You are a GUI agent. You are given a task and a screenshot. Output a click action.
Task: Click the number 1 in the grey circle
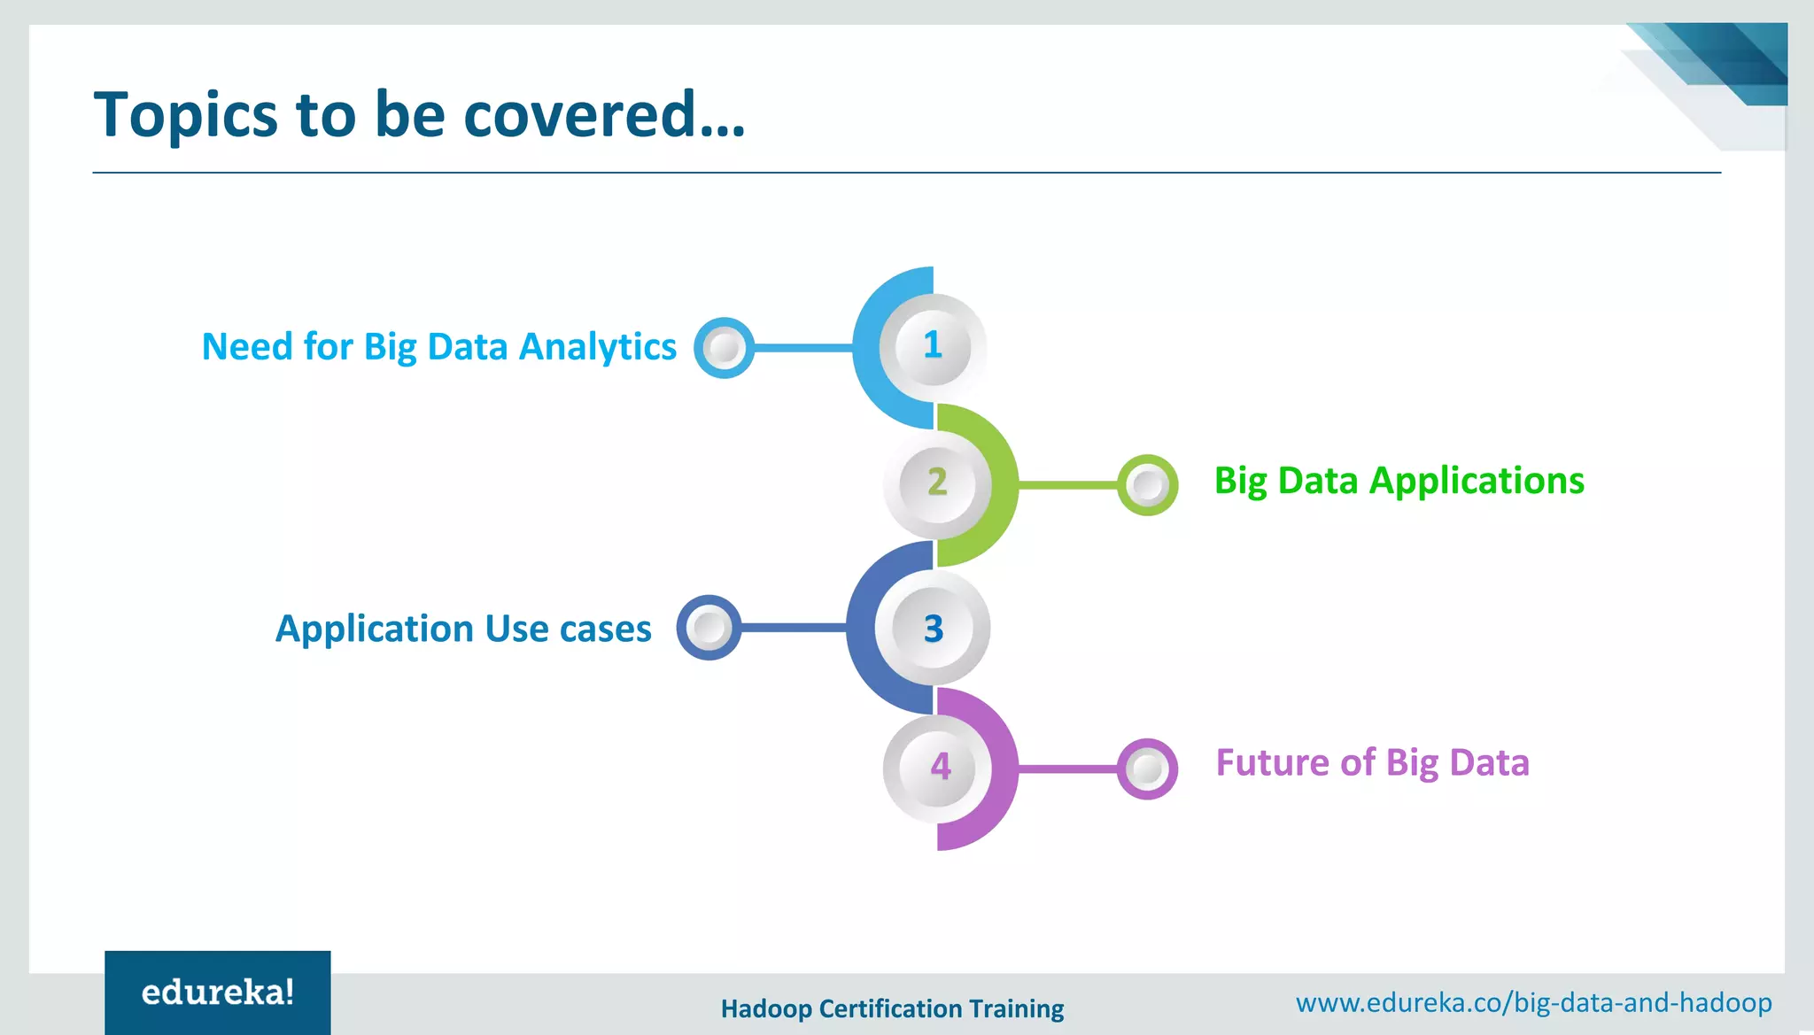932,345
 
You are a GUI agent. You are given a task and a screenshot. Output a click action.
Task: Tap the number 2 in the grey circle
937,483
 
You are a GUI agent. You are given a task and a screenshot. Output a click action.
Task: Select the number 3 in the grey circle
934,629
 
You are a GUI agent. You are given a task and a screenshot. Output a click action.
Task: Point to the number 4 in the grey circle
940,767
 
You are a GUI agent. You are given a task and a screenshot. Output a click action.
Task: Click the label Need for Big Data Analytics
438,347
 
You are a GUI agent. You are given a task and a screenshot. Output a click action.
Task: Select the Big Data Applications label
1399,482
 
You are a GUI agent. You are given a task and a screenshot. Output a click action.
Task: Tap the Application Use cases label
463,629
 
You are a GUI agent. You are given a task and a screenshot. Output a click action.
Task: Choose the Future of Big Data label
1372,763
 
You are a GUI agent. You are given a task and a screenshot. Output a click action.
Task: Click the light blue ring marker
724,348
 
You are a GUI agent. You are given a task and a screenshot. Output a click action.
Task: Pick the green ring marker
1147,485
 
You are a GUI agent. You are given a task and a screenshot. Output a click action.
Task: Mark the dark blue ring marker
709,628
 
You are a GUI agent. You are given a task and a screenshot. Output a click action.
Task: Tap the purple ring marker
1147,769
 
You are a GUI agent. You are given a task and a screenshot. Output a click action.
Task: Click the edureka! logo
218,993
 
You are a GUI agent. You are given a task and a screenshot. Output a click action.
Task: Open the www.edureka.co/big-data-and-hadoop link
1533,1003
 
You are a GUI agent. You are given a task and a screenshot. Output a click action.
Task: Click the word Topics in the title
186,116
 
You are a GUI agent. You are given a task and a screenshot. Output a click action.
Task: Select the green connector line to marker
1067,485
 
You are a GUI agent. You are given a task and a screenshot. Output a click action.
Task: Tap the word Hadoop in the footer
766,1009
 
